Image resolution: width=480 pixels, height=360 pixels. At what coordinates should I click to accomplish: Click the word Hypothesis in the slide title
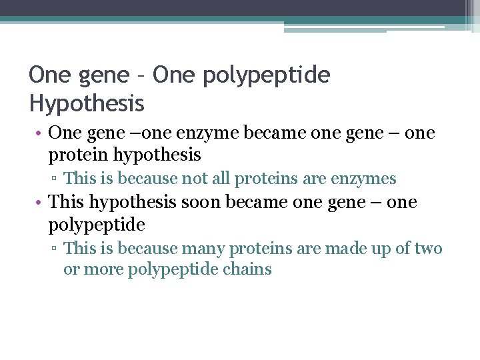tap(87, 103)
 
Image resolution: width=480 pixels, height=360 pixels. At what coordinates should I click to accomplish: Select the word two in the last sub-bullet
tap(428, 249)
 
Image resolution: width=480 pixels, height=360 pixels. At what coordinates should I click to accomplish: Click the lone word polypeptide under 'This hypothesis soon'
tap(97, 225)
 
